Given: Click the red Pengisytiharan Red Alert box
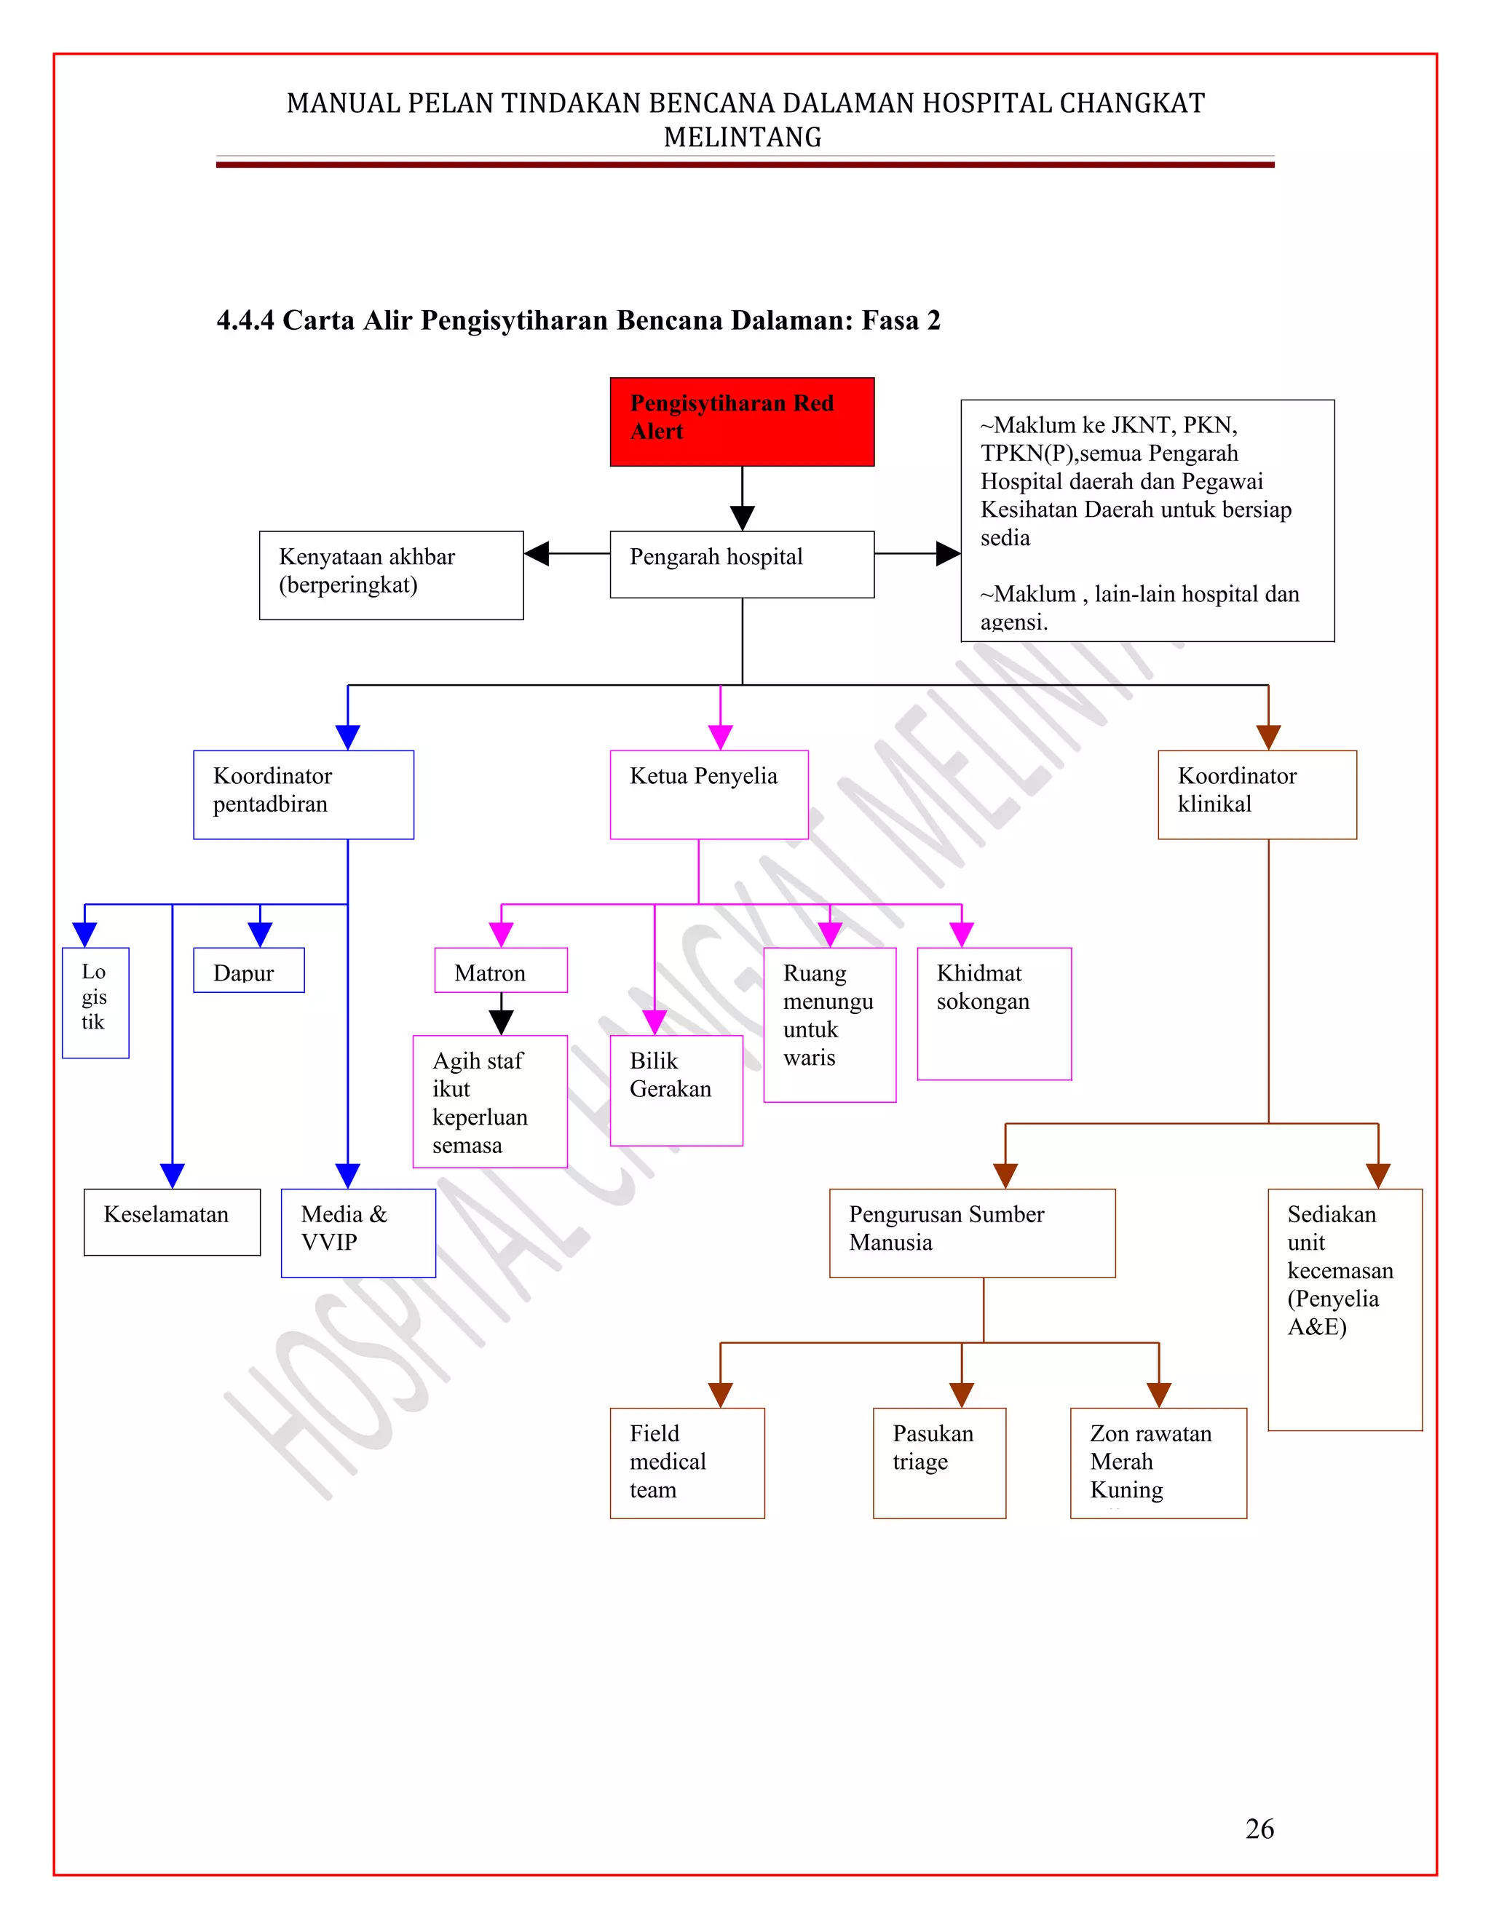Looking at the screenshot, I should [742, 421].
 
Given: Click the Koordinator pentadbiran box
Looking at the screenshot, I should [303, 794].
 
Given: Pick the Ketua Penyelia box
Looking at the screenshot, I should [708, 794].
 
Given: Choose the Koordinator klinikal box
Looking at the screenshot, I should [1257, 794].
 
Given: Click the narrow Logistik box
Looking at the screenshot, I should [95, 1002].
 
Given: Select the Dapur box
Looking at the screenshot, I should [248, 970].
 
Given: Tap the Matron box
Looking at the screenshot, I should [500, 970].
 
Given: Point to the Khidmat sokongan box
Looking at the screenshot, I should [994, 1013].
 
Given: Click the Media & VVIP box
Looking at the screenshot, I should [357, 1232].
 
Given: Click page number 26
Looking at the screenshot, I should [1259, 1829].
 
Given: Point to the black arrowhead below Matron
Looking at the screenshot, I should [501, 1022].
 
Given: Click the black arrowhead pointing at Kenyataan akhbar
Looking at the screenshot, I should [537, 554].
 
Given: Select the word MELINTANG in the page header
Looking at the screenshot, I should [742, 138].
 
